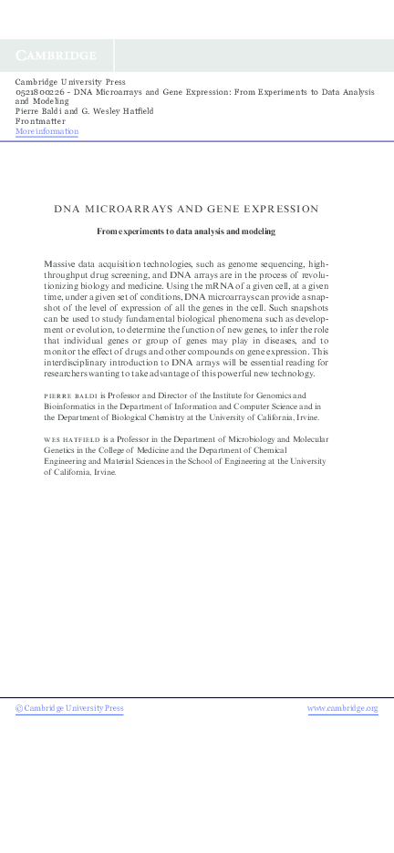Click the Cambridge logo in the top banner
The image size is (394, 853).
(56, 56)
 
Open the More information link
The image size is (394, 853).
(47, 131)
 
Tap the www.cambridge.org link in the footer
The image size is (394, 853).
(343, 708)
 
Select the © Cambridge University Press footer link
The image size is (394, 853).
(69, 708)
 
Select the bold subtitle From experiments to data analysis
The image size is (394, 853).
(185, 231)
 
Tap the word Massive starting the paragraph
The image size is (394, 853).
(62, 263)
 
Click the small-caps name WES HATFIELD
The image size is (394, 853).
(71, 439)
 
